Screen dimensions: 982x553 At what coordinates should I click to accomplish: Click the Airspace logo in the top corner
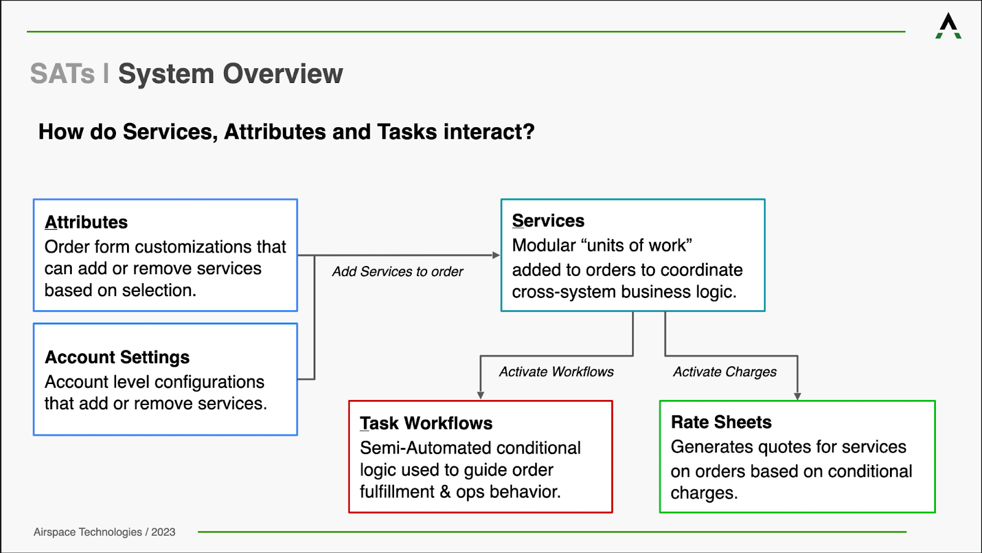coord(948,26)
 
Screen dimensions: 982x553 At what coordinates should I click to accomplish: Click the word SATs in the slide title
coord(62,73)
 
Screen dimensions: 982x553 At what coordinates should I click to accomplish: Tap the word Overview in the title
coord(283,73)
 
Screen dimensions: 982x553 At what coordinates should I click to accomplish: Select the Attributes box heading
coord(86,222)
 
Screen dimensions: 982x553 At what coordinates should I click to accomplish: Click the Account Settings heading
coord(117,357)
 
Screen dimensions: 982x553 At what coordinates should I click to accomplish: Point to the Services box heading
coord(548,221)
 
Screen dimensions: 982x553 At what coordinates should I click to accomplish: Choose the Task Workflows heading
coord(426,423)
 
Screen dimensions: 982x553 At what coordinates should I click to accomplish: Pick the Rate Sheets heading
coord(721,422)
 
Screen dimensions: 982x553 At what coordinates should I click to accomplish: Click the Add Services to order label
coord(397,272)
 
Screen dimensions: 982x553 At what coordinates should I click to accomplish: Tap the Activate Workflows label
coord(556,372)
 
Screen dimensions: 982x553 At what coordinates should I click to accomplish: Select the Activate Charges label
coord(725,372)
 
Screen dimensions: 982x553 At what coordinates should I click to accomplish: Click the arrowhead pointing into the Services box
coord(497,255)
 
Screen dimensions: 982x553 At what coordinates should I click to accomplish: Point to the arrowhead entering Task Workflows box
coord(481,396)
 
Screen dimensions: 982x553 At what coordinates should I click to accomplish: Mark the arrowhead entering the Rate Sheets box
coord(797,396)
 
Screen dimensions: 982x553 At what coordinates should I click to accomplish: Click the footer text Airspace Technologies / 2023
coord(104,532)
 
